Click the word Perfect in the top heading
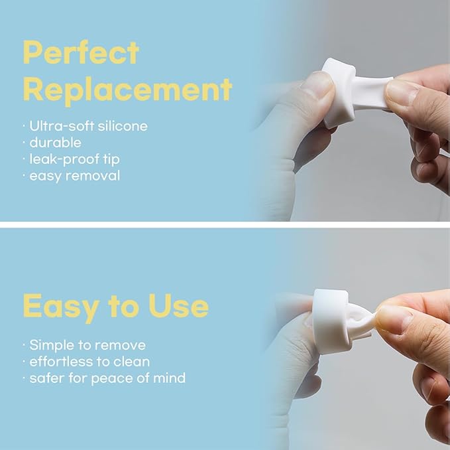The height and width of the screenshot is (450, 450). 81,53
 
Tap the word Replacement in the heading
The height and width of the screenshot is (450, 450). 127,90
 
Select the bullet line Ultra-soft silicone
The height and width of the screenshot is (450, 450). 88,125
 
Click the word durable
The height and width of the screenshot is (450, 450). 55,142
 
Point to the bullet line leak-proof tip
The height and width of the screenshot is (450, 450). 75,159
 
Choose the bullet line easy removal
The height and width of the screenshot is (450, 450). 74,176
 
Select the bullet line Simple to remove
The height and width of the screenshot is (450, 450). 87,345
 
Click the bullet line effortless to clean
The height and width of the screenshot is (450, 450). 89,362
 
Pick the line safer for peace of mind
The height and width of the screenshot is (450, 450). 107,378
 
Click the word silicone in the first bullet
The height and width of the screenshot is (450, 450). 123,125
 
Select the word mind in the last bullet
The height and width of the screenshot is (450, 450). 170,378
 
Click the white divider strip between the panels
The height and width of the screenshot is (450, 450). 225,224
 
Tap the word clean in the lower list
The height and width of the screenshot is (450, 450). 133,362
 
